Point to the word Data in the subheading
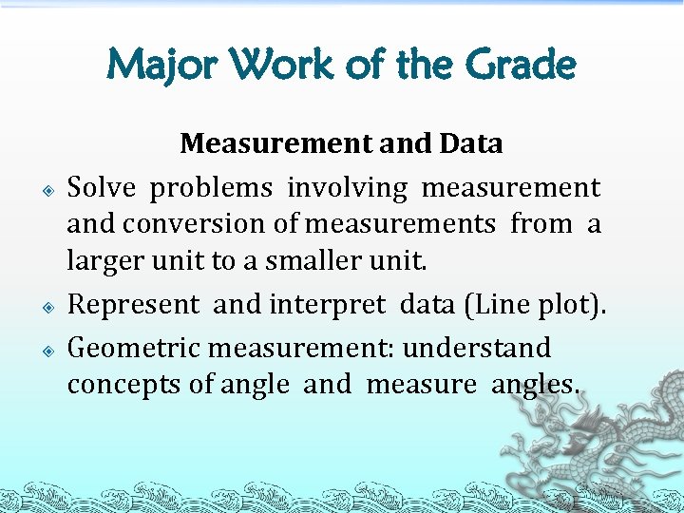pyautogui.click(x=470, y=143)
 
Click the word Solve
pyautogui.click(x=103, y=188)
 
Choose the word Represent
pyautogui.click(x=134, y=304)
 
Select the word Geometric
pyautogui.click(x=134, y=348)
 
